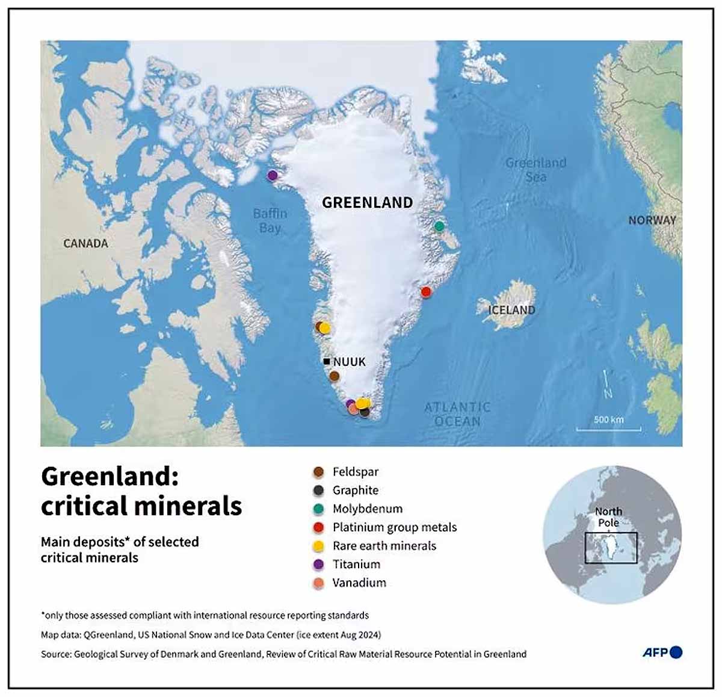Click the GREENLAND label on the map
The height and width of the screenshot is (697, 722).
pyautogui.click(x=367, y=203)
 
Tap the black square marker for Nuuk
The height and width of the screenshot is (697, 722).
pyautogui.click(x=326, y=362)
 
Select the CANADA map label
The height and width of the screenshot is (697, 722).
pyautogui.click(x=85, y=244)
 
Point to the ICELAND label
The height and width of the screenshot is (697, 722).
pyautogui.click(x=511, y=310)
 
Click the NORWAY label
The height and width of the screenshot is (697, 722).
pyautogui.click(x=652, y=220)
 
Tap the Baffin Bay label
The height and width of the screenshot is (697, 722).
pyautogui.click(x=270, y=221)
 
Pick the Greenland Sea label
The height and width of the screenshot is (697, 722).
pyautogui.click(x=535, y=170)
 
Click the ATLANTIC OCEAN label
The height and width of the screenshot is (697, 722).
pyautogui.click(x=457, y=415)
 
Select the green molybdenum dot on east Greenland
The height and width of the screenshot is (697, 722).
pyautogui.click(x=439, y=226)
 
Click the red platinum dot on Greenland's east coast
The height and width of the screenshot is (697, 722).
pyautogui.click(x=426, y=292)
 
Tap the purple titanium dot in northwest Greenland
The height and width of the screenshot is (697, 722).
pyautogui.click(x=272, y=175)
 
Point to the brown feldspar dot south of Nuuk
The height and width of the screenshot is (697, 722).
pyautogui.click(x=334, y=376)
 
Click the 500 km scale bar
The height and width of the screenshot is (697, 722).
pyautogui.click(x=608, y=428)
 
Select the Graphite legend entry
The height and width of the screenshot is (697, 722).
pyautogui.click(x=355, y=491)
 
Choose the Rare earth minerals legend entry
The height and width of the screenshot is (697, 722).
pyautogui.click(x=384, y=546)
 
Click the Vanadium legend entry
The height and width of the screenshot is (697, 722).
pyautogui.click(x=359, y=583)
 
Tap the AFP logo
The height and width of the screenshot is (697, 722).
pyautogui.click(x=662, y=652)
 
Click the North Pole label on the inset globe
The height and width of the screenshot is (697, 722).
pyautogui.click(x=608, y=517)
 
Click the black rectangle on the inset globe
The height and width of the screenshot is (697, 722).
pyautogui.click(x=611, y=548)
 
